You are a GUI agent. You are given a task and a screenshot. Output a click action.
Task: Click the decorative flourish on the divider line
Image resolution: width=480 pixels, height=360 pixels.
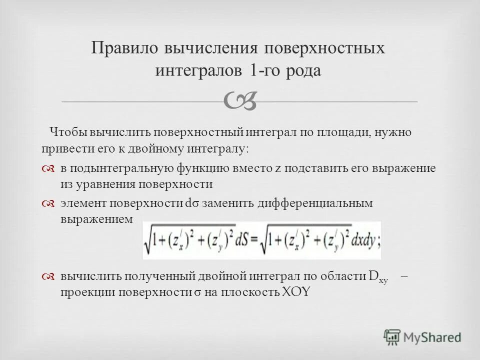click(240, 100)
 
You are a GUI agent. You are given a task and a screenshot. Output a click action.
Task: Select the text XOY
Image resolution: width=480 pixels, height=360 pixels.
click(295, 292)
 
